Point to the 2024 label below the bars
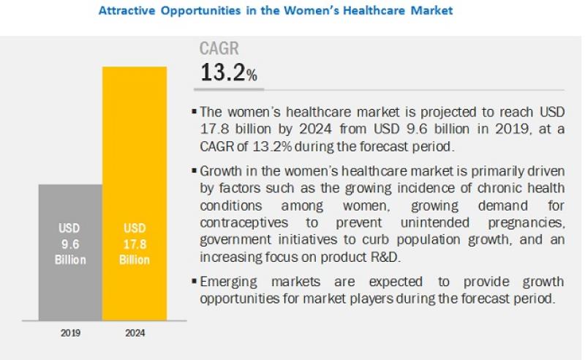(x=135, y=333)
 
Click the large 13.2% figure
(x=228, y=73)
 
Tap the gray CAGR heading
(x=219, y=49)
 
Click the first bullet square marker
(x=194, y=112)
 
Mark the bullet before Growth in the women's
(x=194, y=170)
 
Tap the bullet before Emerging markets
(x=194, y=281)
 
